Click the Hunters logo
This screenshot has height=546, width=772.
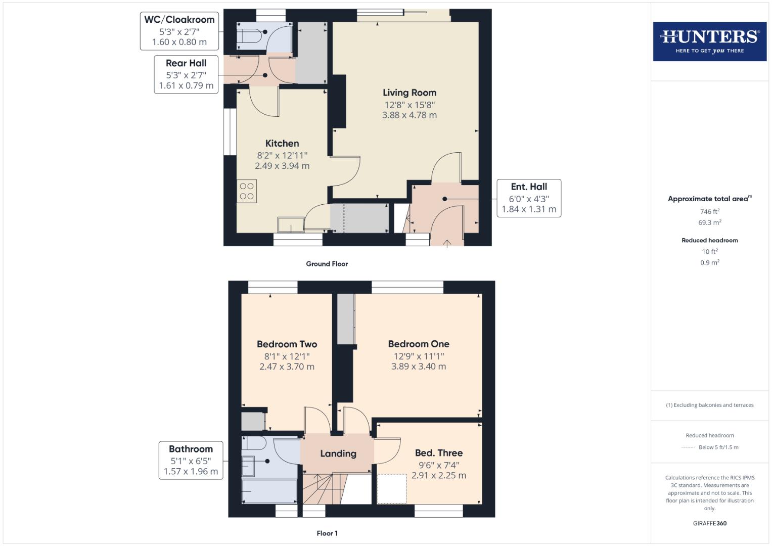click(709, 41)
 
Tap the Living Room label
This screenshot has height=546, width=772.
click(409, 93)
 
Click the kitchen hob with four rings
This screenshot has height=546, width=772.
click(247, 191)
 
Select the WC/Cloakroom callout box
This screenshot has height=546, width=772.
click(179, 31)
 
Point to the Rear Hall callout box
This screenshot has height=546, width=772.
click(186, 74)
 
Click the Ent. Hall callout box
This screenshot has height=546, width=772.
click(529, 198)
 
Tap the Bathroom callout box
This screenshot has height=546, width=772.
click(191, 460)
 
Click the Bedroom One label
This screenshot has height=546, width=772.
click(419, 344)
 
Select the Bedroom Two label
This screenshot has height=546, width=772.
click(287, 344)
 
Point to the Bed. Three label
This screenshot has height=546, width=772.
click(438, 453)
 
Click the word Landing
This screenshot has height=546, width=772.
click(338, 453)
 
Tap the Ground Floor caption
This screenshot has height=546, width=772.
click(327, 264)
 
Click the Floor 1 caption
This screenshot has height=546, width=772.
click(327, 533)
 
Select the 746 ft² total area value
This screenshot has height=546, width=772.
click(709, 212)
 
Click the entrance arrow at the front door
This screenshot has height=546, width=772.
click(447, 244)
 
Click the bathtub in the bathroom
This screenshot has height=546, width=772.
click(269, 491)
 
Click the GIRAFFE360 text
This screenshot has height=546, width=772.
click(709, 523)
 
